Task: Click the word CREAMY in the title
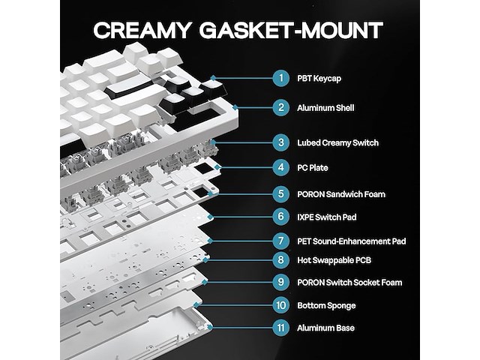pyautogui.click(x=142, y=30)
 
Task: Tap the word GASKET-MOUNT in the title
pyautogui.click(x=291, y=30)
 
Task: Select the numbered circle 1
pyautogui.click(x=281, y=78)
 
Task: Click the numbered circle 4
pyautogui.click(x=281, y=167)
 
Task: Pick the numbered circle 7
pyautogui.click(x=281, y=241)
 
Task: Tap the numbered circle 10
pyautogui.click(x=281, y=305)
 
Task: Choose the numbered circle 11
pyautogui.click(x=281, y=328)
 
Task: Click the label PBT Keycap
pyautogui.click(x=319, y=79)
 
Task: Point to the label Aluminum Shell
pyautogui.click(x=325, y=108)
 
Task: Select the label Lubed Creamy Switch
pyautogui.click(x=338, y=143)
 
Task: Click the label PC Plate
pyautogui.click(x=313, y=168)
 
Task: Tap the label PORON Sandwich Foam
pyautogui.click(x=341, y=194)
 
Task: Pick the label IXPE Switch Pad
pyautogui.click(x=327, y=217)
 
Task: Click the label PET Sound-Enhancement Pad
pyautogui.click(x=352, y=241)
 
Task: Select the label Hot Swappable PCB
pyautogui.click(x=334, y=260)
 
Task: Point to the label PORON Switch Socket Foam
pyautogui.click(x=349, y=282)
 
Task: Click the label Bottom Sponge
pyautogui.click(x=326, y=305)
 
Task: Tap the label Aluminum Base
pyautogui.click(x=325, y=328)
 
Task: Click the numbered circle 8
pyautogui.click(x=281, y=260)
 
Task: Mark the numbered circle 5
pyautogui.click(x=281, y=193)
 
